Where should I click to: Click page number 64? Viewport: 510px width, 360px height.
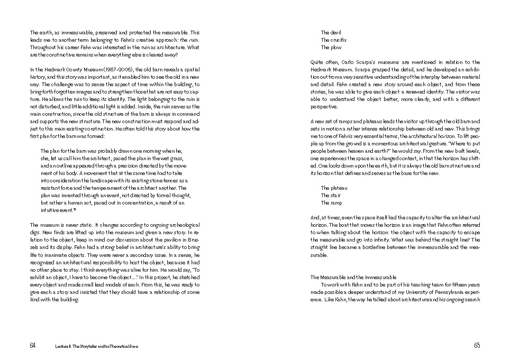[x=33, y=345]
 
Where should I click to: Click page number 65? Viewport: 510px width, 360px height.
[x=477, y=345]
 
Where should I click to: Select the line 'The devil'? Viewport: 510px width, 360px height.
[x=331, y=33]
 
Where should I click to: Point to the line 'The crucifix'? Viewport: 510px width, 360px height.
[x=334, y=40]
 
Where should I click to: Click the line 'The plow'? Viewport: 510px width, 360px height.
[x=331, y=47]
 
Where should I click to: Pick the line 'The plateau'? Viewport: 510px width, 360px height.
[x=334, y=188]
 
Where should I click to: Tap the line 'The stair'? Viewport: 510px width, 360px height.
[x=331, y=196]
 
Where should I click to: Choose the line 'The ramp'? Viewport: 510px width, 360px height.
[x=331, y=202]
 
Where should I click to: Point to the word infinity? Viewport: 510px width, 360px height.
[x=384, y=239]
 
